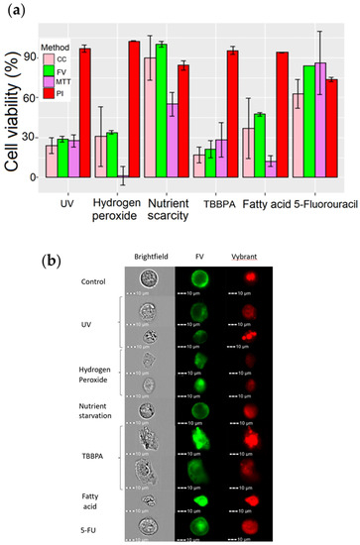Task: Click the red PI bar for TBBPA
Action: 233,114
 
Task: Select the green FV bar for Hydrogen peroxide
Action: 111,155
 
